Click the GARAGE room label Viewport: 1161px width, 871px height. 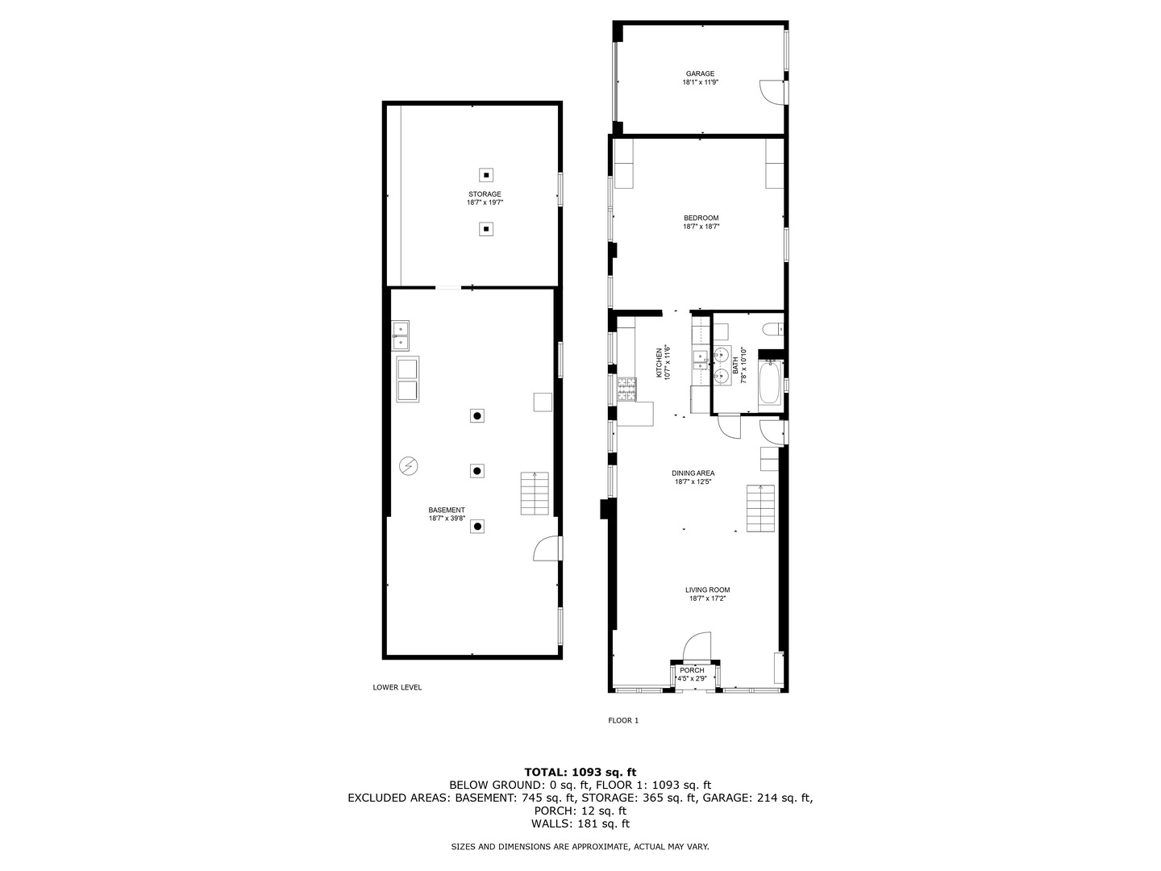click(x=700, y=74)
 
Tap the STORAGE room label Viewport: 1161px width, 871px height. click(x=485, y=194)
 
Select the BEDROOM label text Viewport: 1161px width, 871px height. click(x=701, y=218)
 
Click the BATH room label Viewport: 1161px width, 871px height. click(x=735, y=365)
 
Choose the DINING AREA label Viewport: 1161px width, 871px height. click(x=693, y=473)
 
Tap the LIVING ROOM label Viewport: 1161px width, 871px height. click(x=709, y=590)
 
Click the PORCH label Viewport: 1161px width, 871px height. click(x=692, y=670)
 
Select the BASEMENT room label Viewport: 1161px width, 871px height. click(x=447, y=511)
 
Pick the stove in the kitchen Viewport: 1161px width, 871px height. click(x=626, y=390)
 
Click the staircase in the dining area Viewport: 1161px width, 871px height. click(x=760, y=509)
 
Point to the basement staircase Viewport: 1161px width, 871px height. click(x=534, y=494)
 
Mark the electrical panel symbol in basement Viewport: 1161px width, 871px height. click(x=409, y=466)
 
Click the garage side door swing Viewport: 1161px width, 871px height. click(x=772, y=92)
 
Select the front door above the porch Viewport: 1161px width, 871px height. click(x=696, y=647)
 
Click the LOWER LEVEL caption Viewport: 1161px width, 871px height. click(x=397, y=688)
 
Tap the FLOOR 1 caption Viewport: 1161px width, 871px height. click(x=623, y=721)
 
